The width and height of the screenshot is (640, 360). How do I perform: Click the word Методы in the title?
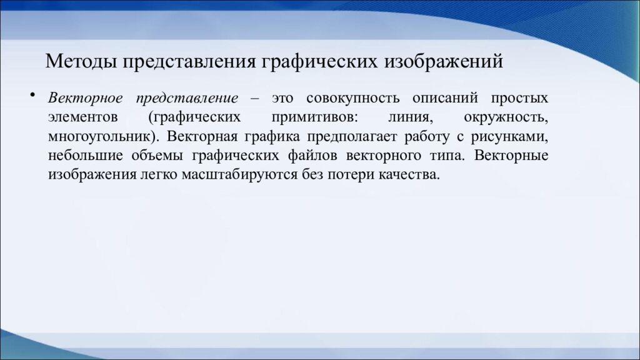(x=81, y=62)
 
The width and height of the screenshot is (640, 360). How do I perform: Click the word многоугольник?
(x=99, y=137)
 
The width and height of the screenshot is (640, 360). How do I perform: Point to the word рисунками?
(x=516, y=137)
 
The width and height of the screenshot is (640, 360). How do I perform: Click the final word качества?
(x=409, y=175)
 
